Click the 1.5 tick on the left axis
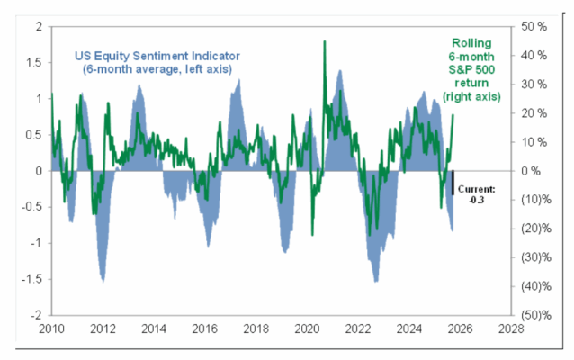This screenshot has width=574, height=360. pos(33,62)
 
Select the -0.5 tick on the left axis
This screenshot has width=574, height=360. pos(31,207)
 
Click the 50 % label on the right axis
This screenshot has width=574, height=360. pos(536,26)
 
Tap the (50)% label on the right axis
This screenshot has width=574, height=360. pos(538,316)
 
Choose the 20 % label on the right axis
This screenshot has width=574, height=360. pos(536,113)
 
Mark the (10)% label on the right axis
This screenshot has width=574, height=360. pos(538,200)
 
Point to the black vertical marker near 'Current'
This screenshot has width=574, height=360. pos(453,181)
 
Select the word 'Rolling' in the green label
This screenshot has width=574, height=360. pos(478,43)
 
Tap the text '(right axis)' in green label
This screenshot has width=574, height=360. pos(478,94)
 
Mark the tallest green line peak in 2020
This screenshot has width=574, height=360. pos(324,41)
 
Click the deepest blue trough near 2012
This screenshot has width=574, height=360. pos(103,282)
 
